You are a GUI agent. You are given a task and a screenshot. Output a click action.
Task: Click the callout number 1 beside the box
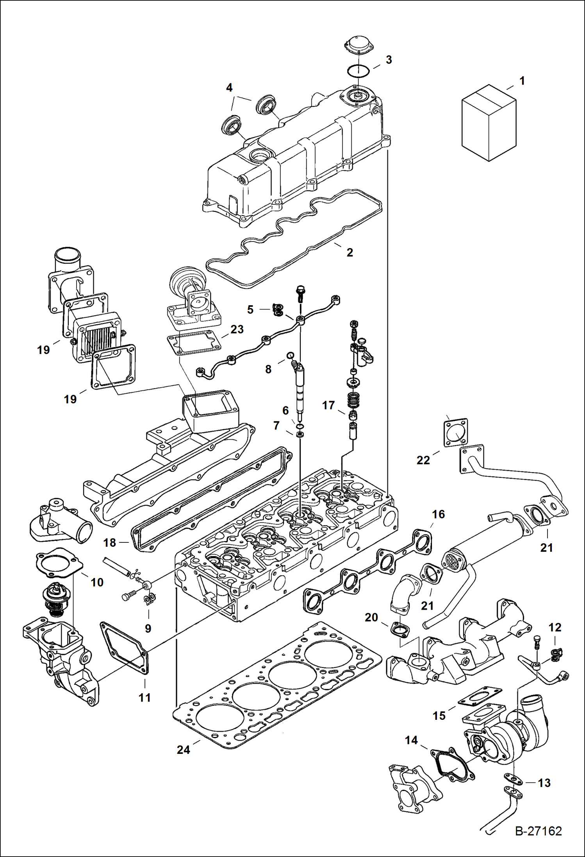tap(522, 81)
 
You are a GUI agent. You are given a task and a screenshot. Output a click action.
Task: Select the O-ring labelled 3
tap(358, 72)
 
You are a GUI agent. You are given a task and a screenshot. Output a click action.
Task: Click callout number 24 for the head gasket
tap(183, 750)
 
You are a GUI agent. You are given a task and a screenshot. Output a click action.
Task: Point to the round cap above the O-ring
tap(358, 44)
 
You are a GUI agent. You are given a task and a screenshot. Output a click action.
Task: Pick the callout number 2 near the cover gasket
tap(350, 252)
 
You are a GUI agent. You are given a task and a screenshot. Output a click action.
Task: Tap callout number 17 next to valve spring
tap(328, 405)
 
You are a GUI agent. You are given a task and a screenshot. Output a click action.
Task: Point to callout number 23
tap(237, 329)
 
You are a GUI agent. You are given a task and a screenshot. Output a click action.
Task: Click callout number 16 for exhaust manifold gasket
tap(438, 514)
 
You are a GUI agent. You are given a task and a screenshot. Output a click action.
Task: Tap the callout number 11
tap(144, 697)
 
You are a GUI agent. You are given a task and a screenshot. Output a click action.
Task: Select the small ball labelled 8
tap(290, 355)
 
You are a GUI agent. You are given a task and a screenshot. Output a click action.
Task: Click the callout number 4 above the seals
tap(229, 88)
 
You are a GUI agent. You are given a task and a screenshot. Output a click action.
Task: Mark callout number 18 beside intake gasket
tap(110, 542)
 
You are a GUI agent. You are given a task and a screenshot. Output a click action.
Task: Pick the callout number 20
tap(371, 617)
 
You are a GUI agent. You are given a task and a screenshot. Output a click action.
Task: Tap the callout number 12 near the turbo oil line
tap(555, 627)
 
